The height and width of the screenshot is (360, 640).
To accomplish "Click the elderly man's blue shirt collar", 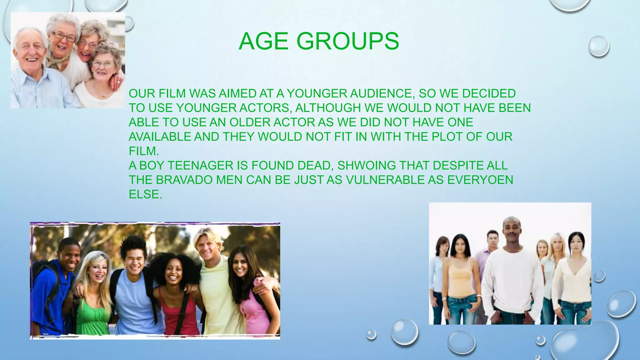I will point(30,70).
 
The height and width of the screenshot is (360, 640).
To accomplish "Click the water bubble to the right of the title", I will point(598,46).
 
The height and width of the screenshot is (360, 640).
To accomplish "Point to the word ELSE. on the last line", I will point(145,194).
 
